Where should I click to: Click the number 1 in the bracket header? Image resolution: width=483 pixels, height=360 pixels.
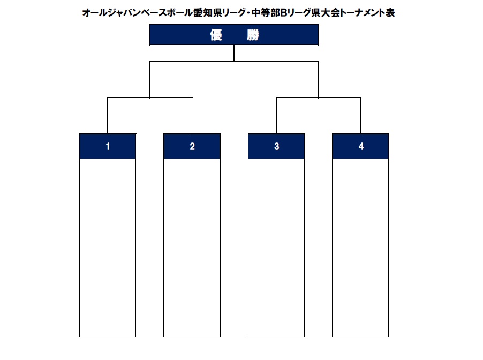point(108,146)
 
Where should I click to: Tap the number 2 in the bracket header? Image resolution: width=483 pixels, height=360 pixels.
point(192,146)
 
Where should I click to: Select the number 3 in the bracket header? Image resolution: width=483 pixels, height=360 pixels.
point(277,146)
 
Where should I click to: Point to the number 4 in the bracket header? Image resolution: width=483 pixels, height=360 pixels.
point(361,146)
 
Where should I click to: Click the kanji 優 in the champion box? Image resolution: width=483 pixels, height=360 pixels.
point(216,35)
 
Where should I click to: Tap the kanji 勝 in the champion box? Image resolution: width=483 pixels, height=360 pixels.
point(253,35)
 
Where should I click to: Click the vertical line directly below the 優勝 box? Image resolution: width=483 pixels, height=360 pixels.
point(234,54)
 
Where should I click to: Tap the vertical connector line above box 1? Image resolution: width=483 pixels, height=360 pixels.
point(108,116)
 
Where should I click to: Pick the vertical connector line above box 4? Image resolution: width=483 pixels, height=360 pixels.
point(361,116)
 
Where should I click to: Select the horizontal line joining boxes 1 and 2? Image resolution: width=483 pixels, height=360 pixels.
point(150,98)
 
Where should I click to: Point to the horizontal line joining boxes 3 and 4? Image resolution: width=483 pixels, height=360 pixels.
point(319,98)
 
